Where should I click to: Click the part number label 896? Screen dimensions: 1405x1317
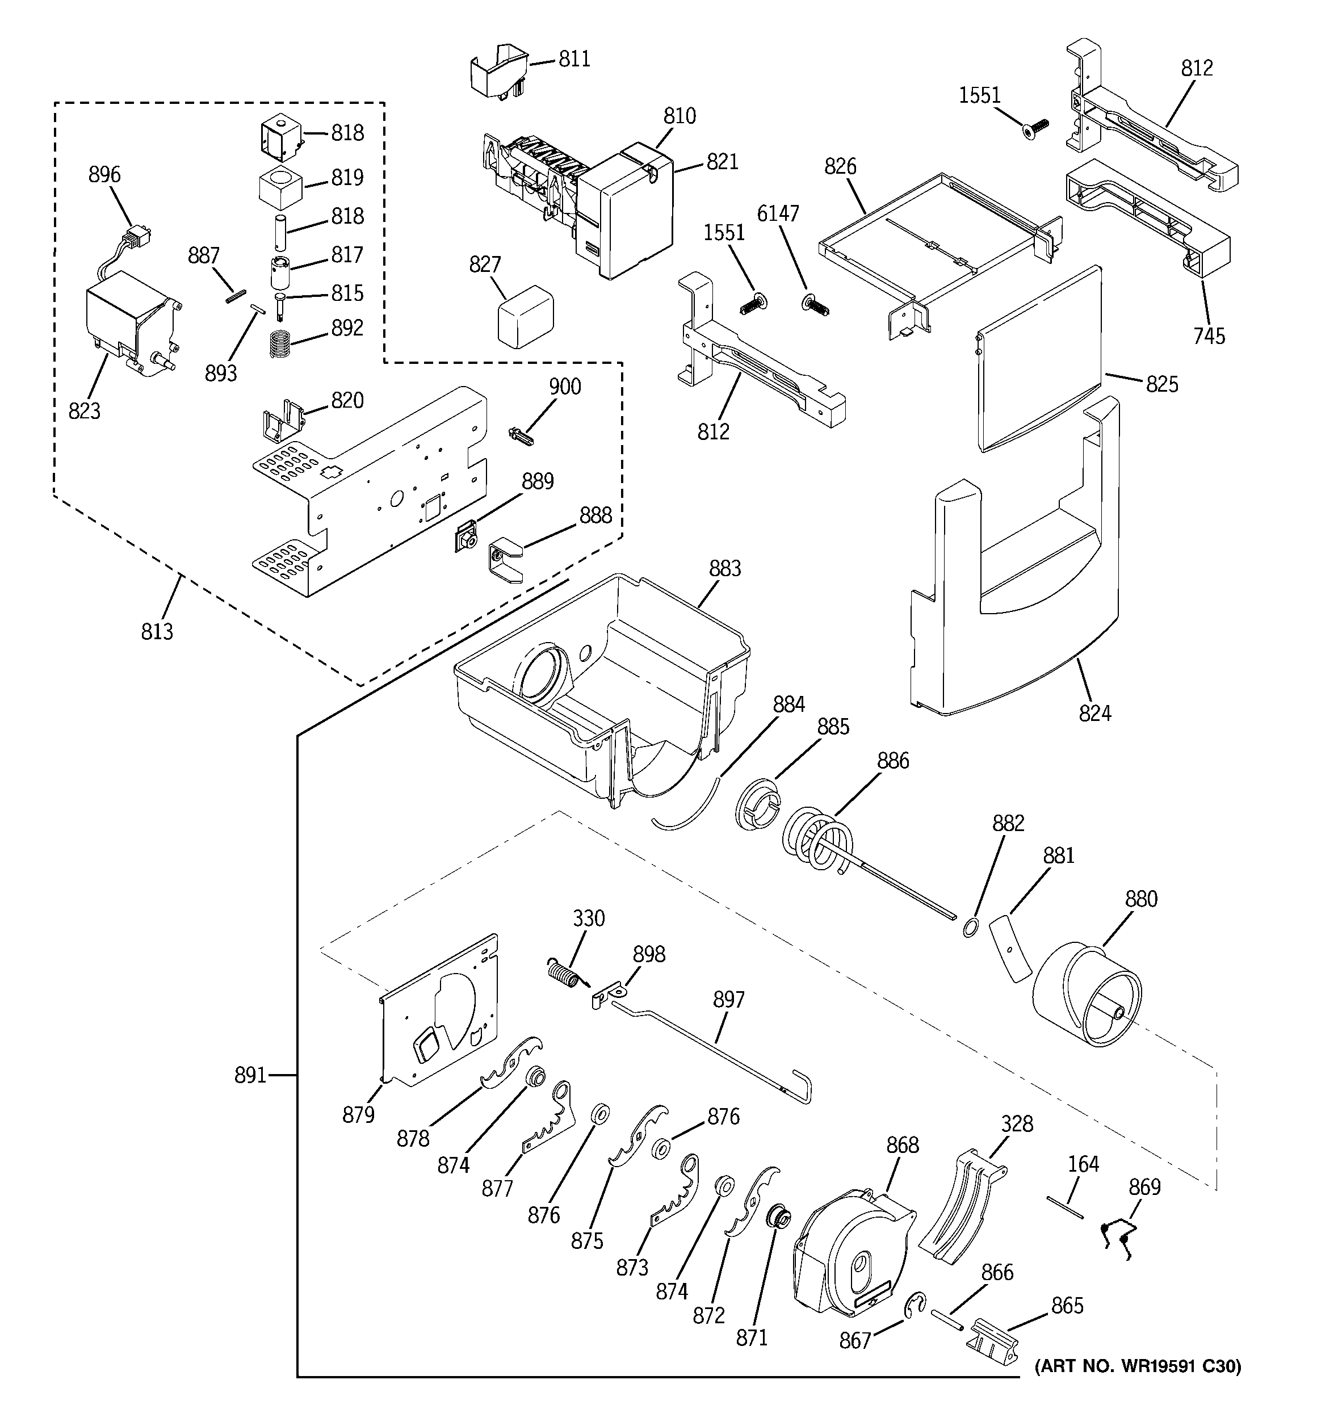click(104, 175)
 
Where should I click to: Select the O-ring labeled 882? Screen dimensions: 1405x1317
click(971, 927)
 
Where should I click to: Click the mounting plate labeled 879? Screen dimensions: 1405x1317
click(438, 1010)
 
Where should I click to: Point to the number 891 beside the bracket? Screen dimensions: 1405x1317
click(250, 1075)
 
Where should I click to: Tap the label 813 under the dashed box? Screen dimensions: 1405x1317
click(156, 631)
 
